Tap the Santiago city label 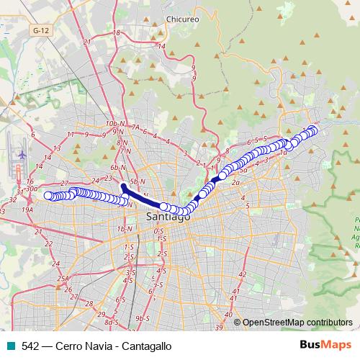[168, 216]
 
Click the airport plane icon [22, 154]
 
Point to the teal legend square [9, 346]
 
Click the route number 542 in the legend [30, 346]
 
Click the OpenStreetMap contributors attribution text [297, 322]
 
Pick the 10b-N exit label [112, 124]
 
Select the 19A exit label [28, 209]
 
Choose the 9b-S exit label [142, 318]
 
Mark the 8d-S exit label [112, 322]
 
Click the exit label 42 [243, 274]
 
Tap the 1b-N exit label [125, 228]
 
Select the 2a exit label [235, 183]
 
